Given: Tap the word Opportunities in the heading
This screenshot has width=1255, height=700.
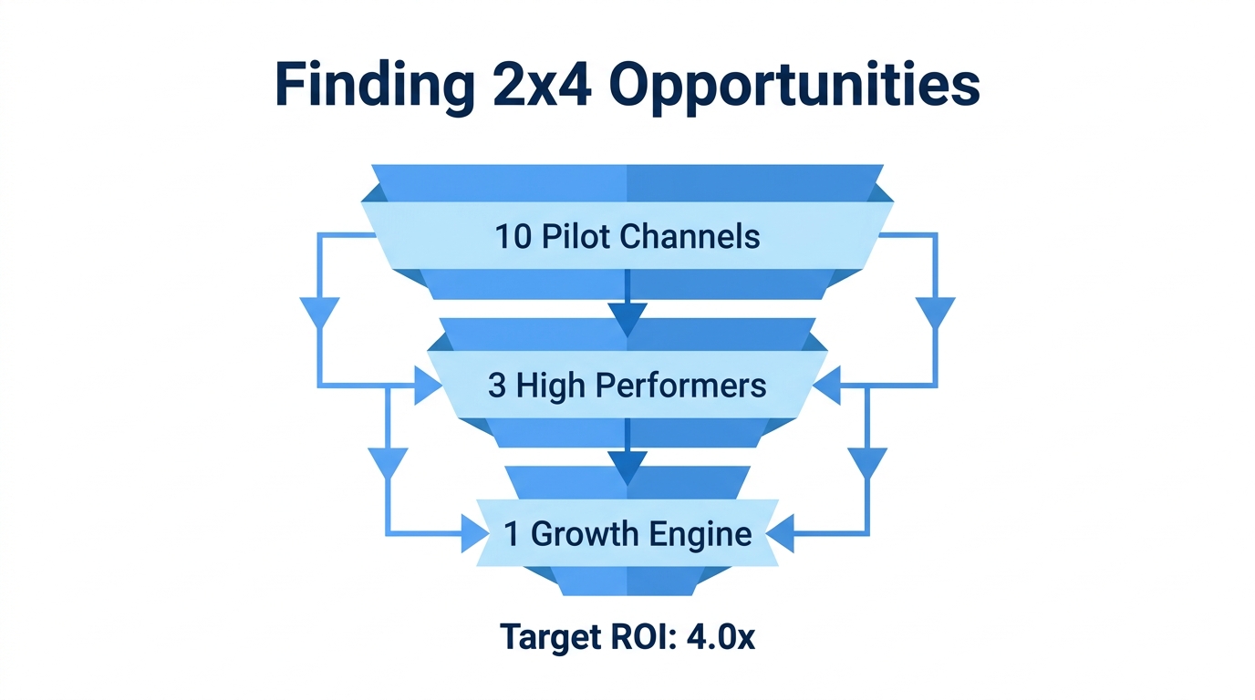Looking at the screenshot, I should [x=793, y=87].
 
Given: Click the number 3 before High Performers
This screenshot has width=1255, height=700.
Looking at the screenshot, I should [x=497, y=386].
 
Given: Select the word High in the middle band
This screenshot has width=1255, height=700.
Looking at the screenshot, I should [x=550, y=386].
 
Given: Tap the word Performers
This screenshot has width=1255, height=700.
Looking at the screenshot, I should [x=681, y=386].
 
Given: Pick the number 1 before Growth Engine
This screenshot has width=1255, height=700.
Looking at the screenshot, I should [x=512, y=533].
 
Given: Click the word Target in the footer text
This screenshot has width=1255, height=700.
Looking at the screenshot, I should [x=545, y=637].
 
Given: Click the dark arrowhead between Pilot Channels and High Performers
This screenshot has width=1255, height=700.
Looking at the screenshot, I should [x=627, y=318].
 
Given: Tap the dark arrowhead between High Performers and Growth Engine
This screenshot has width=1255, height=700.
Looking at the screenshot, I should [x=627, y=467].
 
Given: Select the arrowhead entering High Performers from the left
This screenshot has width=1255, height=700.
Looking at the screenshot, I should [x=427, y=386].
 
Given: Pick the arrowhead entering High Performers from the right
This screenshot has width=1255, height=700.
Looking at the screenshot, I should [x=826, y=386].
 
